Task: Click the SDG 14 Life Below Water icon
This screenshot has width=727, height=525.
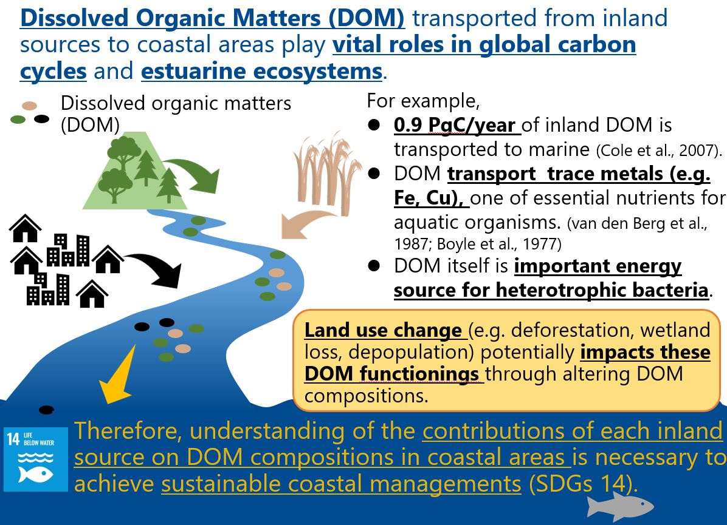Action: coord(36,459)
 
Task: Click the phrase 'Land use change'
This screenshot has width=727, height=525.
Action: coord(382,331)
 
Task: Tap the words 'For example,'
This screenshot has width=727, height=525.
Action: coord(423,101)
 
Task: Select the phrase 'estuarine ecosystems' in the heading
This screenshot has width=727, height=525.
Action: coord(261,71)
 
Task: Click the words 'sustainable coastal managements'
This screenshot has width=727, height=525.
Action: coord(341,484)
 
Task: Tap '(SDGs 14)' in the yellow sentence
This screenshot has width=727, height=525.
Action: coord(581,484)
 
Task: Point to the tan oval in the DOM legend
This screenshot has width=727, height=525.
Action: coord(30,106)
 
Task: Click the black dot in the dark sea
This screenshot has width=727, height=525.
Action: coord(46,410)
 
